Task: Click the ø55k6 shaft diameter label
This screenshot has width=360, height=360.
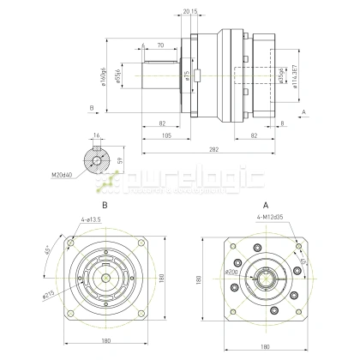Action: (117, 75)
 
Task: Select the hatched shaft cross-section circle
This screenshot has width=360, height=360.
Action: (96, 159)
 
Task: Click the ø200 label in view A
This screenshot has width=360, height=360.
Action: (231, 272)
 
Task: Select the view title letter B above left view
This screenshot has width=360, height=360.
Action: (105, 207)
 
